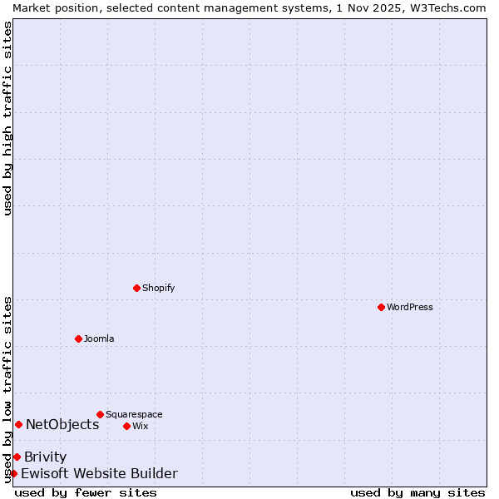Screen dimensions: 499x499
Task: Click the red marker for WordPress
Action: coord(381,307)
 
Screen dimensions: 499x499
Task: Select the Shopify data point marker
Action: coord(136,288)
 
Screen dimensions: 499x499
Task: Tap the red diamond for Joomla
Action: coord(78,338)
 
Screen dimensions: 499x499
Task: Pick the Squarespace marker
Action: coord(100,414)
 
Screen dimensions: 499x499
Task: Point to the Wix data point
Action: coord(126,426)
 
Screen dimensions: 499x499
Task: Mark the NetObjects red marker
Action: coord(18,424)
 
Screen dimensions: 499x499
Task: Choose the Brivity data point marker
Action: coord(17,457)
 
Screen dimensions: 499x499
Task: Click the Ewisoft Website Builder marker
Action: coord(13,473)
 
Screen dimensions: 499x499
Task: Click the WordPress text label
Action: coord(410,308)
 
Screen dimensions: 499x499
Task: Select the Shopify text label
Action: coord(159,289)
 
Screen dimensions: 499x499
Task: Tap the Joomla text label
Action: coord(99,339)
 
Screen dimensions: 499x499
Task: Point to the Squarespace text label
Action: coord(134,415)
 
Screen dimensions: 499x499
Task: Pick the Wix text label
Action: coord(141,427)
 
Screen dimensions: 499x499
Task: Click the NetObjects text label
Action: coord(62,425)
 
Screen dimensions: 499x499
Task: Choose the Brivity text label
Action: coord(46,457)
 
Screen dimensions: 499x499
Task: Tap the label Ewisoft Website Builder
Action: coord(99,474)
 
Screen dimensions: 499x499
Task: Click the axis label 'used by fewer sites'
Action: coord(86,492)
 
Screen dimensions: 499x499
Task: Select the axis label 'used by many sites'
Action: coord(417,492)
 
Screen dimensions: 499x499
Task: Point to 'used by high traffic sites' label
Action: coord(7,118)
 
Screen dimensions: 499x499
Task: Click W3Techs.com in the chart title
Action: coord(446,7)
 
